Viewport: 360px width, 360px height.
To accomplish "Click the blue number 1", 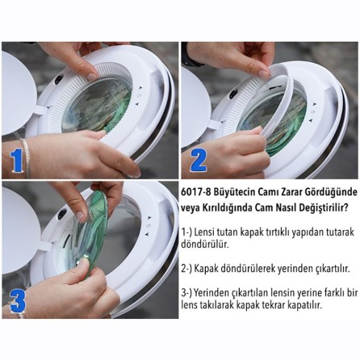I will [16, 161].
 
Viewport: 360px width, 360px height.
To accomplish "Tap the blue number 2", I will [199, 161].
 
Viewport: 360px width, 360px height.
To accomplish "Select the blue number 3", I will [17, 301].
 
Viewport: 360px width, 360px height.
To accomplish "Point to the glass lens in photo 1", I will [97, 105].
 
